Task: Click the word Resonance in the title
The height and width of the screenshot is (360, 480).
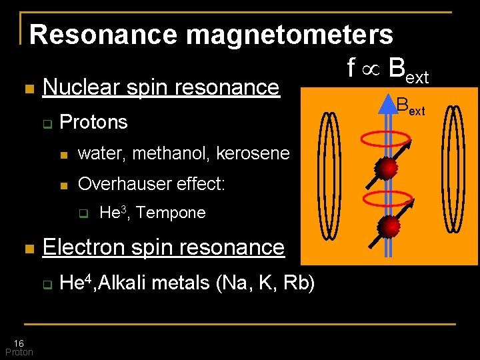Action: click(x=104, y=35)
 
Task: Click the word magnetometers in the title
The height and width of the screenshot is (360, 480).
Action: click(x=289, y=35)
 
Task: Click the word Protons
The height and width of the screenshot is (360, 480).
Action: click(x=93, y=122)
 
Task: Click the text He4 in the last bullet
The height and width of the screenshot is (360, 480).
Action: click(x=70, y=283)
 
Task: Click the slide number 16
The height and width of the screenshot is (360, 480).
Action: click(x=19, y=343)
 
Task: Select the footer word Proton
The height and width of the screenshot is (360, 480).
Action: click(x=19, y=352)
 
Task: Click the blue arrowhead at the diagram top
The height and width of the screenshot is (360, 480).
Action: click(x=389, y=104)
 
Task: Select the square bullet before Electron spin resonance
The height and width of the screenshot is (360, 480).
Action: click(x=27, y=249)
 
